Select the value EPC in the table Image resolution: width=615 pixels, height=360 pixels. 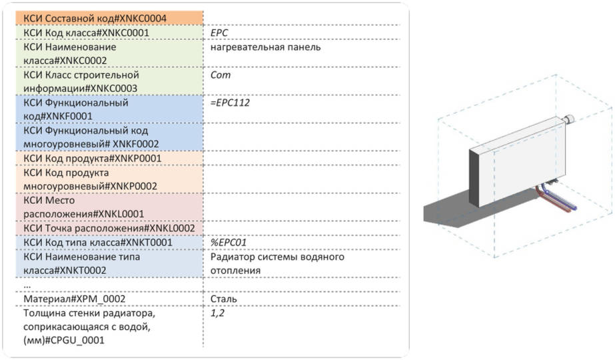[x=219, y=32]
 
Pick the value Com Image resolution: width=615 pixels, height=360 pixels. [x=220, y=75]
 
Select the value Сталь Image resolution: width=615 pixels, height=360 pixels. [x=223, y=299]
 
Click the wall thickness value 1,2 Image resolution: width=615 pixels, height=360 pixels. [x=217, y=312]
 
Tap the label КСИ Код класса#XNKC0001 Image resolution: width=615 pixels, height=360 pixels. [x=86, y=32]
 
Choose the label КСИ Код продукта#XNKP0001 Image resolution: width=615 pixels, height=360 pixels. [x=92, y=159]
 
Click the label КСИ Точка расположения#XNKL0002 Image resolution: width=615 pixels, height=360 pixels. [x=109, y=229]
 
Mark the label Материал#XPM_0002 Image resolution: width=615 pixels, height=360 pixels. [x=74, y=299]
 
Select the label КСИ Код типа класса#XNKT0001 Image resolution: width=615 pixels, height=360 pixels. [x=97, y=243]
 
